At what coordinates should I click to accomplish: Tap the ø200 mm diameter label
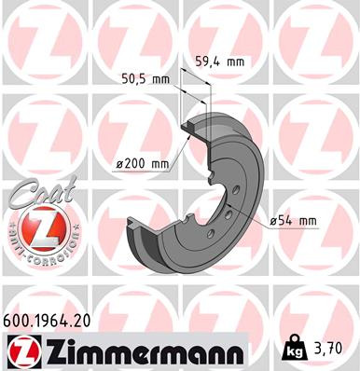143,164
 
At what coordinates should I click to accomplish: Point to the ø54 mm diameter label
294,221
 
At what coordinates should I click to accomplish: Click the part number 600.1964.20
47,321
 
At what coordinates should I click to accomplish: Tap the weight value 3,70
336,351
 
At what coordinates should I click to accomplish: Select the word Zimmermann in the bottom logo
137,352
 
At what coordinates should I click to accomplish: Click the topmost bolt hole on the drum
235,190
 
